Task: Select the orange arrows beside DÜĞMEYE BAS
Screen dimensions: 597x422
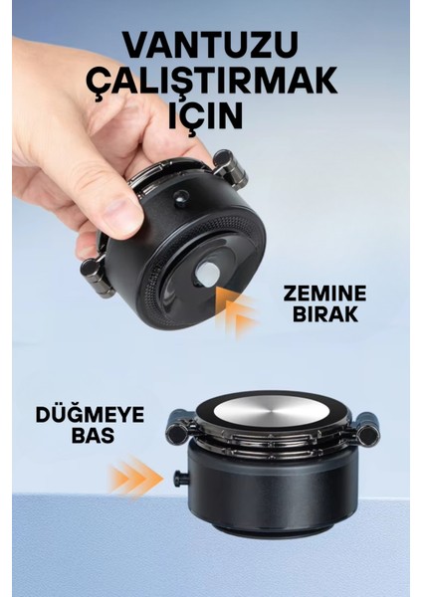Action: click(x=135, y=479)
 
